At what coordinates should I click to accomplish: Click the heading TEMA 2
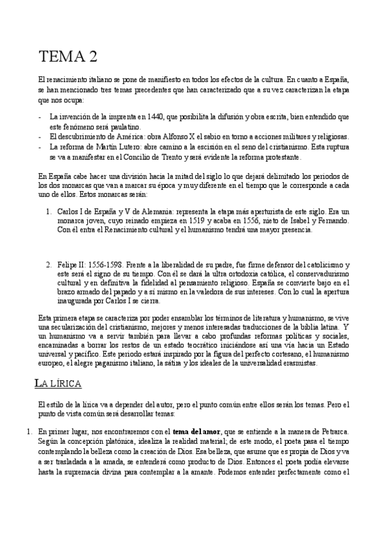[x=68, y=57]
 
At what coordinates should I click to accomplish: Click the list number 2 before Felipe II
[x=48, y=264]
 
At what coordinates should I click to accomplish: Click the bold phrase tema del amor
[x=196, y=432]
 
